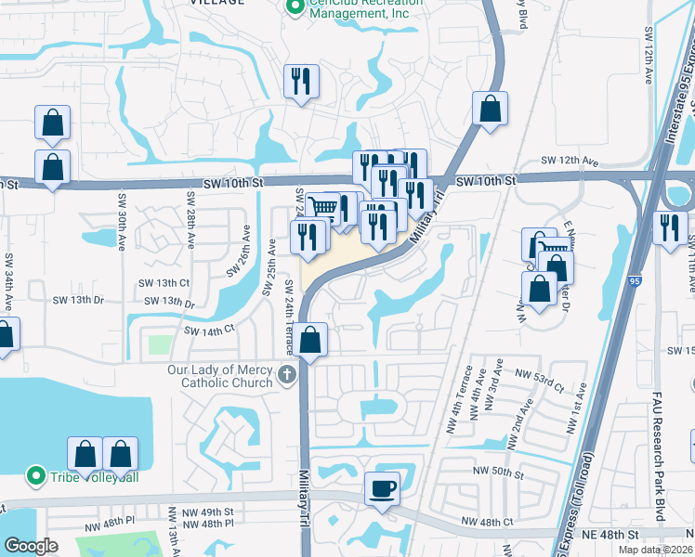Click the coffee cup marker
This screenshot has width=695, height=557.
point(381,487)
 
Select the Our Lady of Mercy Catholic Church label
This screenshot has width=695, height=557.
point(220,375)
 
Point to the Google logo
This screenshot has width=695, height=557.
point(32,546)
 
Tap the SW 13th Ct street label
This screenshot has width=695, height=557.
point(166,282)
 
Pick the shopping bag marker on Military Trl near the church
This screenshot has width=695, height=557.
point(312,342)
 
